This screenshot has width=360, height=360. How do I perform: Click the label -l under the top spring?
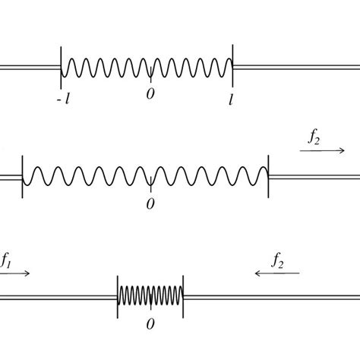[x=63, y=99]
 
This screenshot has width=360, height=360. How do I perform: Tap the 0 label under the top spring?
[x=150, y=94]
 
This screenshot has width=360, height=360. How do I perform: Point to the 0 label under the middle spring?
[x=150, y=204]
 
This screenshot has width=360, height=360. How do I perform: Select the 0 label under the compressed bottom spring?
[x=150, y=324]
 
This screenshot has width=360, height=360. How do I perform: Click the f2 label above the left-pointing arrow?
[x=277, y=261]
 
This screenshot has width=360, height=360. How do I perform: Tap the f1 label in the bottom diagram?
[x=5, y=261]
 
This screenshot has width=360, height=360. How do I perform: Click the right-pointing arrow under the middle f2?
[x=322, y=150]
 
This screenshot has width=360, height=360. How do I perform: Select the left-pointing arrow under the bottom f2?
[x=277, y=273]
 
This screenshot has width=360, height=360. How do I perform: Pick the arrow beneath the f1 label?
[x=15, y=273]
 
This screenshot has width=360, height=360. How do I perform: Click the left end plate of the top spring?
[x=61, y=68]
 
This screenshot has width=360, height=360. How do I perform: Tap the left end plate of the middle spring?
[x=22, y=177]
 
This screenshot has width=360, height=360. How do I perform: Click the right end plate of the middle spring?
[x=268, y=176]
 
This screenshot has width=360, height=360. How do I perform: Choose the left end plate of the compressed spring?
[x=118, y=297]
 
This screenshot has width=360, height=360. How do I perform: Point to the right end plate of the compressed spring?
[x=183, y=297]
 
